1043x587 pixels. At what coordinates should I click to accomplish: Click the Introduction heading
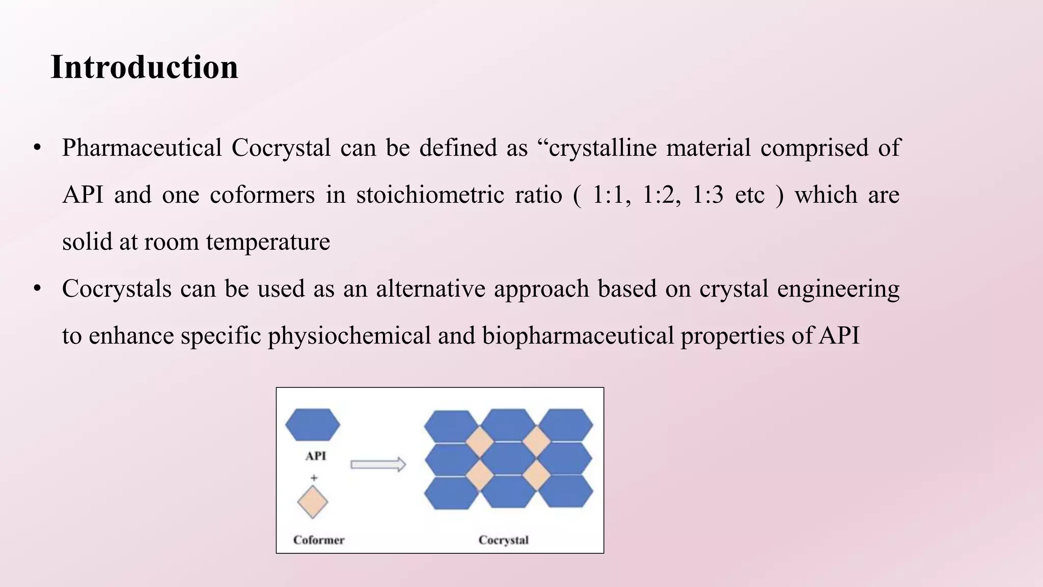pos(144,67)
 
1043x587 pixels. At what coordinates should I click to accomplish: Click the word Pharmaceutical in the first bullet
pos(142,148)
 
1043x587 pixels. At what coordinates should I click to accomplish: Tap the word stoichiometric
pos(430,195)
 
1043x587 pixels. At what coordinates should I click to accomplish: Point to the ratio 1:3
pos(707,195)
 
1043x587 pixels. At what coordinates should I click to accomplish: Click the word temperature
pos(268,242)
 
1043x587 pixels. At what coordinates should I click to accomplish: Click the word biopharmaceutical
pos(578,336)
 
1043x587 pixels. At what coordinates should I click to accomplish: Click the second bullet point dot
pos(37,289)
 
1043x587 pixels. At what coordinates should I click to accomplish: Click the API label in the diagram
pos(315,456)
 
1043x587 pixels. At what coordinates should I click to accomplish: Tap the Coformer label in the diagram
pos(319,540)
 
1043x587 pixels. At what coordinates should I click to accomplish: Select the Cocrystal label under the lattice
pos(503,540)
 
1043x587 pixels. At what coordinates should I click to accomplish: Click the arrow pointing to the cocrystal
pos(378,465)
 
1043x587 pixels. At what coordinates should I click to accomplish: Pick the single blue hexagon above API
pos(312,424)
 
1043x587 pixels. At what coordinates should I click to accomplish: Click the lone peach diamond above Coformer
pos(312,502)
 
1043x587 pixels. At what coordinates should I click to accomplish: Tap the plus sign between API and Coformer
pos(314,478)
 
